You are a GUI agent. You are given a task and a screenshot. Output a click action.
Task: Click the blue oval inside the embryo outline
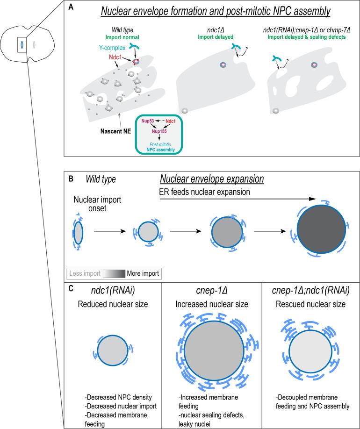22,45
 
